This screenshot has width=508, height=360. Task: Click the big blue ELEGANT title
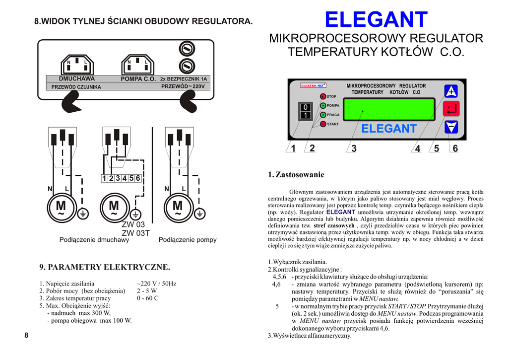pyautogui.click(x=376, y=20)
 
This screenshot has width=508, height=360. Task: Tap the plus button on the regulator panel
pyautogui.click(x=451, y=91)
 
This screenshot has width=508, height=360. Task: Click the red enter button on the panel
pyautogui.click(x=451, y=109)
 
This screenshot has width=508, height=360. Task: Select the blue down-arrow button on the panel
pyautogui.click(x=451, y=127)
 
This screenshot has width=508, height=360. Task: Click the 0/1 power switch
pyautogui.click(x=306, y=111)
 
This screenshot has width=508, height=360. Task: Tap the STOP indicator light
pyautogui.click(x=322, y=96)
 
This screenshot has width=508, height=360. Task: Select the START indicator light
pyautogui.click(x=322, y=124)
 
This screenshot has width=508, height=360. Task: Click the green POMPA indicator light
pyautogui.click(x=322, y=106)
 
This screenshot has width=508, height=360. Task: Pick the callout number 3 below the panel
pyautogui.click(x=354, y=148)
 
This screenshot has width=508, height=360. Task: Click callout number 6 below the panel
pyautogui.click(x=455, y=148)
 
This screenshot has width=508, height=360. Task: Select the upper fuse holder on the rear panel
pyautogui.click(x=186, y=49)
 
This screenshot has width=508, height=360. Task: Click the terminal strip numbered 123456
pyautogui.click(x=121, y=178)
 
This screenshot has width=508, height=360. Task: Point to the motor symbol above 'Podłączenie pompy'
pyautogui.click(x=177, y=207)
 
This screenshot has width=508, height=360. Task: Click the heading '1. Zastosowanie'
pyautogui.click(x=296, y=175)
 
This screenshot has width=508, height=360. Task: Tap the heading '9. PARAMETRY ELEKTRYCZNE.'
pyautogui.click(x=104, y=267)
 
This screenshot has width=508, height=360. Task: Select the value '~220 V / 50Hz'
pyautogui.click(x=156, y=284)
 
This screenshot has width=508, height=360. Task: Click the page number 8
pyautogui.click(x=26, y=335)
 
